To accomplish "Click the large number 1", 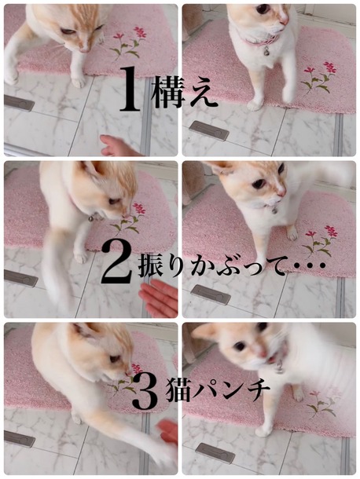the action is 130,88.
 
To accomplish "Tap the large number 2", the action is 116,261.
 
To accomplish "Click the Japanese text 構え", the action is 184,91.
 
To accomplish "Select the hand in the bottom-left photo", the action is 167,432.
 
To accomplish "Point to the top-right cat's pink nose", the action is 284,21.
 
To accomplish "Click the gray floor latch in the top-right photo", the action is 209,131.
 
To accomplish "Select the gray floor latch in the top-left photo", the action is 19,103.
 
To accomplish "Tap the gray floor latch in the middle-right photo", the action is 211,294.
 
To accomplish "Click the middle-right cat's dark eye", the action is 259,183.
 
